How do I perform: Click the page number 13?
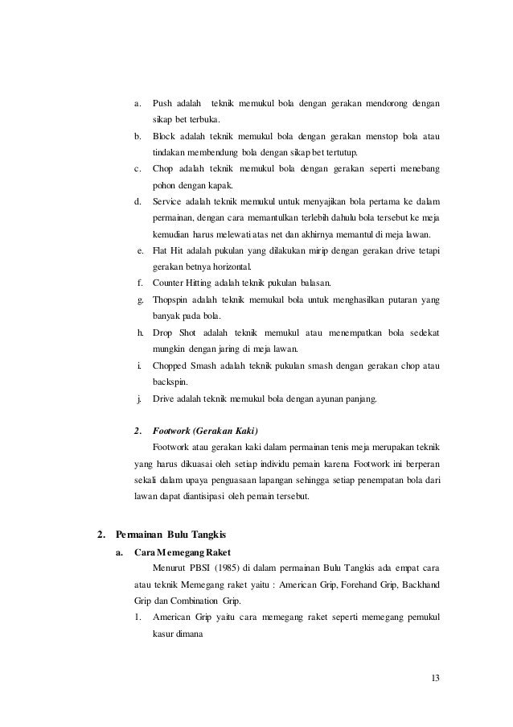pos(435,675)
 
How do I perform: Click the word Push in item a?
pos(163,103)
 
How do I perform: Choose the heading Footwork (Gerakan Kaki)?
pos(207,430)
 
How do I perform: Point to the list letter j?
pos(141,398)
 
